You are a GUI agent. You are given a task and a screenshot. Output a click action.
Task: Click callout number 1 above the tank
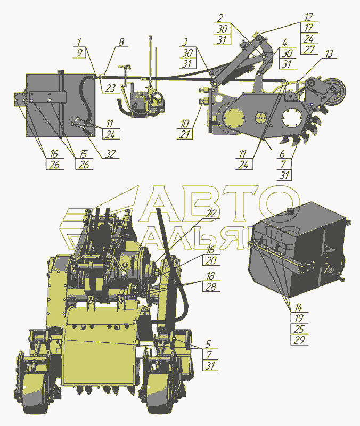[79, 42]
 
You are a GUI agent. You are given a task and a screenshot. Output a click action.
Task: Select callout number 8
[121, 42]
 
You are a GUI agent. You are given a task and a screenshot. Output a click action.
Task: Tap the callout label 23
[111, 88]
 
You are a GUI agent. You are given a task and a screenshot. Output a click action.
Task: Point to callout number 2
[220, 18]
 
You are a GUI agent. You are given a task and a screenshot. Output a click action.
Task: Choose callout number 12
[309, 17]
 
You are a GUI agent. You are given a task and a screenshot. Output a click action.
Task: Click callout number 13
[329, 54]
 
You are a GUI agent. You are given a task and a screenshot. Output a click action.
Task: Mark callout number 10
[185, 124]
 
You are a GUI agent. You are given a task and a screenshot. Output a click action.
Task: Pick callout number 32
[110, 154]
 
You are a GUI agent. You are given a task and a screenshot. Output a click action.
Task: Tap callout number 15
[84, 154]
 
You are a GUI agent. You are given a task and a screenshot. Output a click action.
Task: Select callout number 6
[282, 154]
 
